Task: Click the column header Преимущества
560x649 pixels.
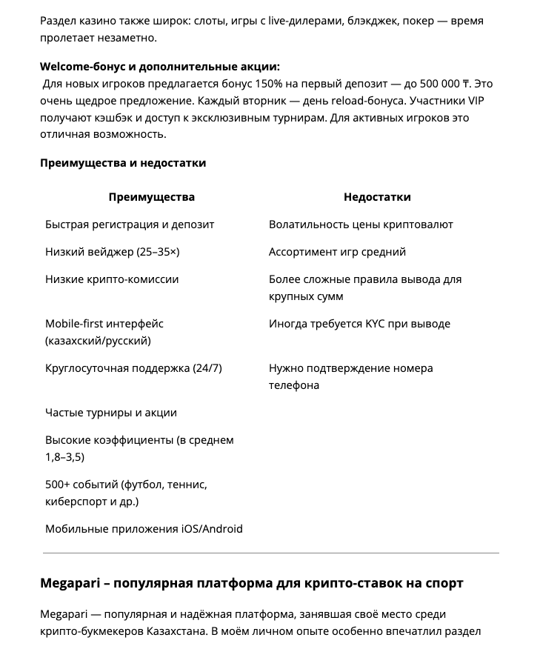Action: tap(151, 197)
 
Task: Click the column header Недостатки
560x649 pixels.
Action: tap(377, 197)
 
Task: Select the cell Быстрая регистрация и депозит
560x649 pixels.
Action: tap(130, 224)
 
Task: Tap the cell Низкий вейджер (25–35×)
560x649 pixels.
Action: tap(113, 252)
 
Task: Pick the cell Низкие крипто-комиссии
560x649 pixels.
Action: tap(112, 279)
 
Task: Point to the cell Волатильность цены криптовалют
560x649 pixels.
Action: tap(361, 224)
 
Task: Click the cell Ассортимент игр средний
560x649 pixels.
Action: tap(337, 252)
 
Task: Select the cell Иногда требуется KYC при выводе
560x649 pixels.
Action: tap(359, 324)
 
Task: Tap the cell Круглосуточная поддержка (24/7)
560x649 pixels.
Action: tap(133, 368)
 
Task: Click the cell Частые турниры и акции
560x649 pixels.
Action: tap(111, 413)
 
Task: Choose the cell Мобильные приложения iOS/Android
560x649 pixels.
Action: tap(144, 529)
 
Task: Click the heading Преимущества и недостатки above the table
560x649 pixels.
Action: tap(123, 163)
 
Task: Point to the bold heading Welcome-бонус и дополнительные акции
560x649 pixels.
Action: tap(160, 67)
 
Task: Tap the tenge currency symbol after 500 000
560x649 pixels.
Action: tap(466, 84)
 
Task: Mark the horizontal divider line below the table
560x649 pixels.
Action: tap(271, 553)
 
